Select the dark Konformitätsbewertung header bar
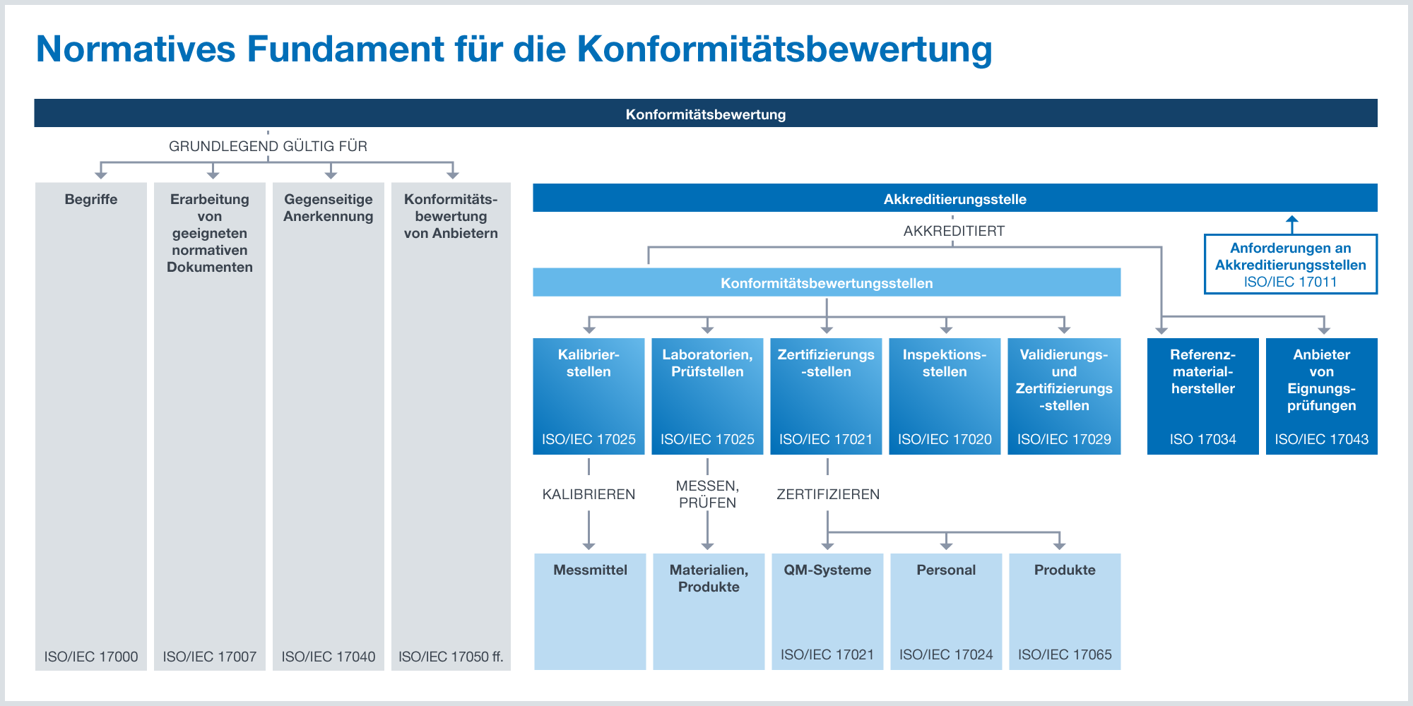[706, 113]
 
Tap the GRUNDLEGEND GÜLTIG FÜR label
[268, 146]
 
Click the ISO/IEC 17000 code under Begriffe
[91, 657]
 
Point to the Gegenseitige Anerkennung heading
[329, 208]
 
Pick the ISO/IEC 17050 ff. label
[451, 657]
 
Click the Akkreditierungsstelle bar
[955, 198]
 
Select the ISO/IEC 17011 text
[1291, 282]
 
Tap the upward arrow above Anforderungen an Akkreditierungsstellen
[1292, 225]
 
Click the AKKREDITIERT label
[954, 231]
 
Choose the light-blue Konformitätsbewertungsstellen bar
[827, 282]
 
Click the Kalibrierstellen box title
[589, 363]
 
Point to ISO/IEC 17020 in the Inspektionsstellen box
[945, 439]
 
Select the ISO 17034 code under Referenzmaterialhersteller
[1202, 439]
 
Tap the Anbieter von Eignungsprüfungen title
[1322, 380]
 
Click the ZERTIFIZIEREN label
[828, 494]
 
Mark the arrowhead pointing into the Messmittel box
[589, 546]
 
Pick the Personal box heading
[946, 570]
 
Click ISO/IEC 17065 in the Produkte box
[1065, 654]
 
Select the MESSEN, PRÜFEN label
[707, 494]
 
